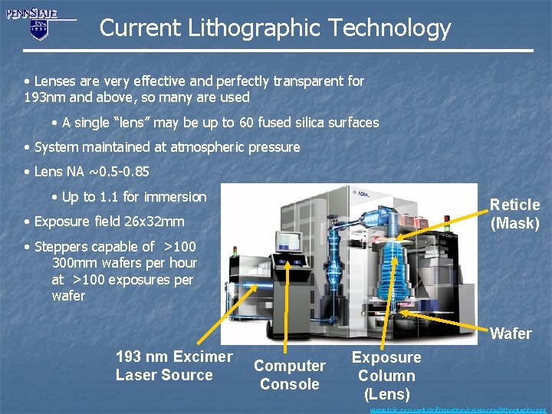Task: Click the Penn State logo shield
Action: coord(38,29)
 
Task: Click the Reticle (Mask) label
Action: coord(514,214)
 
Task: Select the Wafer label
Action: coord(511,333)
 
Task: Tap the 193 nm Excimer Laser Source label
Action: coord(173,366)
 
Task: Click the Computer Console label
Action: coord(289,375)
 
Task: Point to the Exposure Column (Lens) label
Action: coord(386,376)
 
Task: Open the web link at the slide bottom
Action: coord(459,409)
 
